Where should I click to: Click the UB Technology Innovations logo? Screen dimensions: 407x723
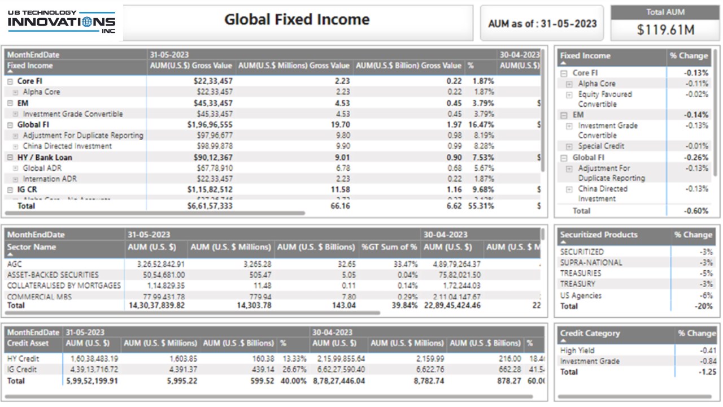point(62,22)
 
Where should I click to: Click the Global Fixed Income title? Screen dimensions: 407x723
point(297,20)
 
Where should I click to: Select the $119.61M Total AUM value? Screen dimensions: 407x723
point(665,30)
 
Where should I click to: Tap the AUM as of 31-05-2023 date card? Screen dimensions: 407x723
point(542,24)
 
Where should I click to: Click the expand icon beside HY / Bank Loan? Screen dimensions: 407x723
point(10,158)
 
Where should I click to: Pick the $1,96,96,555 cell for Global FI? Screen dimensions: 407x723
point(210,124)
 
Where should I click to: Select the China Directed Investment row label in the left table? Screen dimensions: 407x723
point(67,146)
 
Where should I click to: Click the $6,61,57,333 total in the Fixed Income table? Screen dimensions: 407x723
point(210,206)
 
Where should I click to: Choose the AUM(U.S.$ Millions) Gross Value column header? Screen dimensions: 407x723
point(294,66)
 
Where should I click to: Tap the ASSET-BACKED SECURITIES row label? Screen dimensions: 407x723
point(53,275)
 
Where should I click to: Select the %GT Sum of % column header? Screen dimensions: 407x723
point(389,247)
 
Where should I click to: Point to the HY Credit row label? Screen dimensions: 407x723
point(24,358)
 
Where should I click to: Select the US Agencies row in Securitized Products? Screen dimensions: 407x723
point(581,296)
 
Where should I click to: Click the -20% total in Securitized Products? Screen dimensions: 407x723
point(703,306)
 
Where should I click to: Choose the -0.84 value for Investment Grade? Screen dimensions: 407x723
point(708,361)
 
